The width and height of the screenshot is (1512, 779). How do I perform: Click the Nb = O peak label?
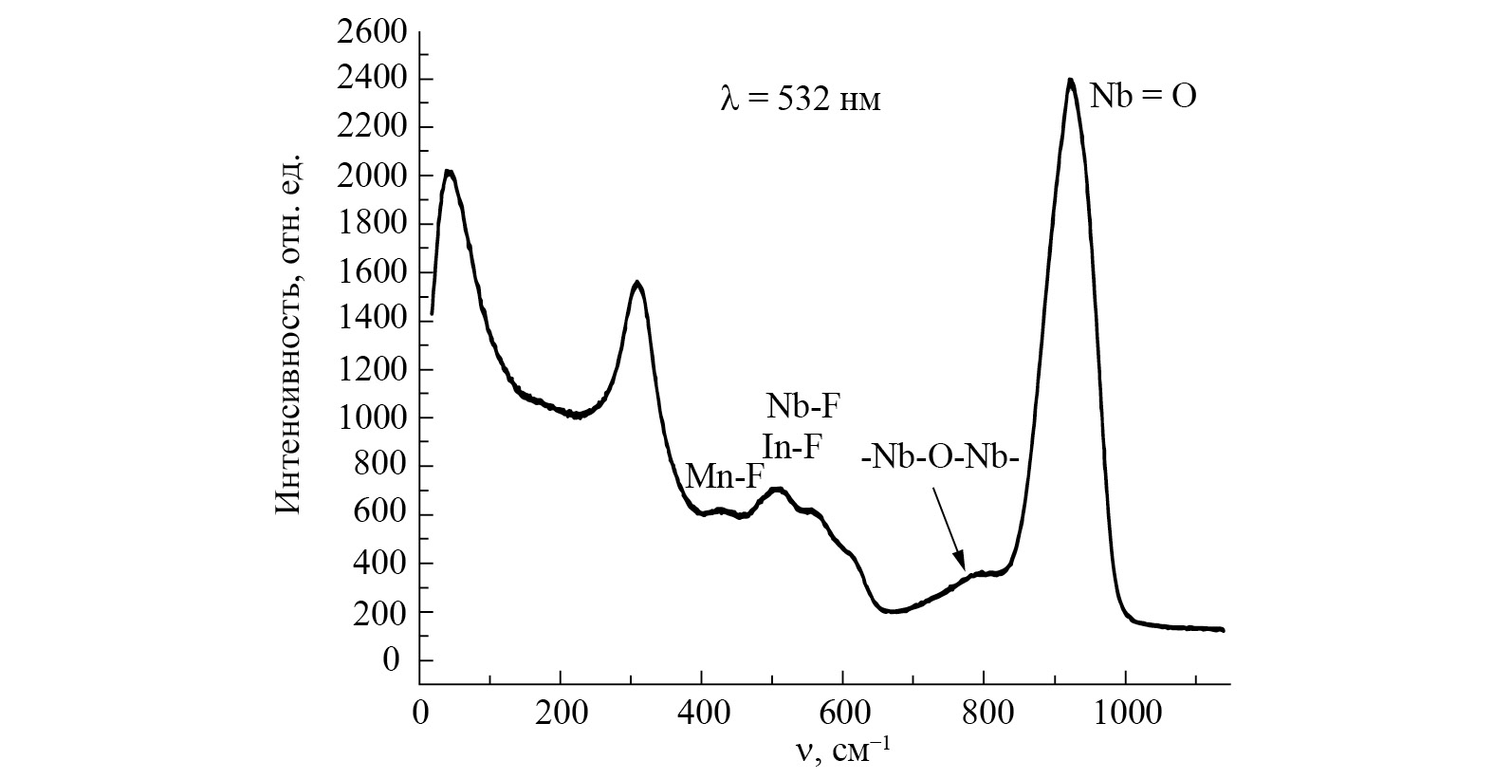[1142, 98]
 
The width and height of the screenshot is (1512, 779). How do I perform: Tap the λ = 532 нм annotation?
[800, 100]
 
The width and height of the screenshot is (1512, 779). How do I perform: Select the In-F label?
[790, 446]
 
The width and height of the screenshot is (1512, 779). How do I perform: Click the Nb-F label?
[802, 406]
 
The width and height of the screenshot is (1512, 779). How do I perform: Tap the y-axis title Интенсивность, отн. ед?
[288, 334]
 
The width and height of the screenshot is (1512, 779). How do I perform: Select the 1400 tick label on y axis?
[373, 322]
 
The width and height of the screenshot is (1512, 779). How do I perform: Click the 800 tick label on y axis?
[381, 467]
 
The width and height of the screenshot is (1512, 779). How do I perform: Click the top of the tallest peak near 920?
[1070, 81]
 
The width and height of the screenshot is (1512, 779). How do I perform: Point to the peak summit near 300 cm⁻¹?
[637, 283]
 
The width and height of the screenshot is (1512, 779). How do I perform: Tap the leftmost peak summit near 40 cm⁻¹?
[450, 173]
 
